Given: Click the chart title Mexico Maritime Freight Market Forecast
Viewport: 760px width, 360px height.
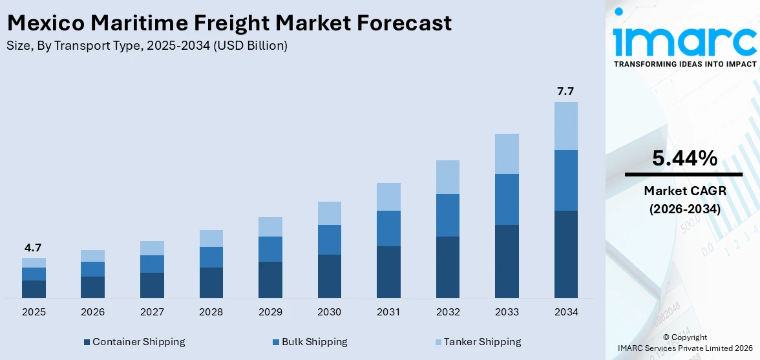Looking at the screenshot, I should tap(229, 23).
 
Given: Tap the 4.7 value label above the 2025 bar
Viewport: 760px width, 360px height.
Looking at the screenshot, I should tap(34, 248).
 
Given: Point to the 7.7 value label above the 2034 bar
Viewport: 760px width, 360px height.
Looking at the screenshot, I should tap(565, 91).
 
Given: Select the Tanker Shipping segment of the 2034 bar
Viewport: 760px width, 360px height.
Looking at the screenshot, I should tap(565, 126).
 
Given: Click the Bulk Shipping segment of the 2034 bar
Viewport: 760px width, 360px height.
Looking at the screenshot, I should tap(565, 180).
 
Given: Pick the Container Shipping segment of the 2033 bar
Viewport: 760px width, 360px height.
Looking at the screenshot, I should tap(507, 261).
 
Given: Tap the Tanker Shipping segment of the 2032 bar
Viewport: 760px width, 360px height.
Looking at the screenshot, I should tap(447, 177).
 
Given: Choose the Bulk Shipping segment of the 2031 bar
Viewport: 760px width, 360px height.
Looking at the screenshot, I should tap(388, 228).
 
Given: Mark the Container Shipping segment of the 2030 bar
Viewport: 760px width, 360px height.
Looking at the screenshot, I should tap(329, 276).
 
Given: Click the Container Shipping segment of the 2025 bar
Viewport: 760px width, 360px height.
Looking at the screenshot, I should tap(34, 289).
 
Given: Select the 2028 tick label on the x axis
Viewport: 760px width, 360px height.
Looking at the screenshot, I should tap(211, 312).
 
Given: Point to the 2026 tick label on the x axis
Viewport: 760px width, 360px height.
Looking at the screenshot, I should tap(92, 312).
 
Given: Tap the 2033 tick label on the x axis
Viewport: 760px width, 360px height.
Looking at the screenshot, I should tap(507, 312).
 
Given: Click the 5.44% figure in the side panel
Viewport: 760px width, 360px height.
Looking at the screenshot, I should tap(684, 158).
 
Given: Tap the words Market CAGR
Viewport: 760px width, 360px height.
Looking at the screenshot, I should tap(684, 191).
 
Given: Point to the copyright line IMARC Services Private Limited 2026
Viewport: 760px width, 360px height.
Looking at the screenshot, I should tap(684, 348).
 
